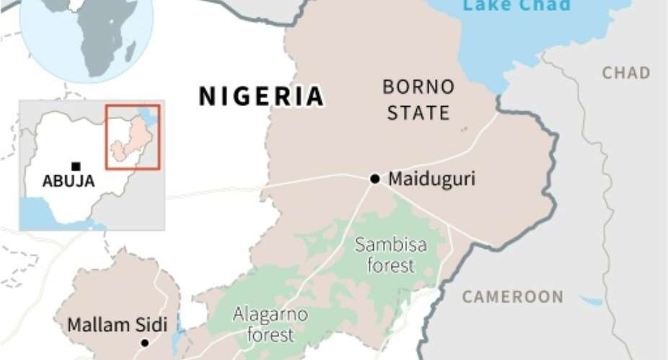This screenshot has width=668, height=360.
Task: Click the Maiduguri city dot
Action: (x=374, y=178)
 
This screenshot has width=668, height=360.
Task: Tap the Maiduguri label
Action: (x=431, y=179)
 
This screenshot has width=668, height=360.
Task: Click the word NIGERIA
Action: (x=261, y=97)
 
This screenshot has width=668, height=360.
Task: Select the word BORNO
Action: (x=418, y=87)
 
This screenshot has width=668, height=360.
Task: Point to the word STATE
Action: (x=418, y=113)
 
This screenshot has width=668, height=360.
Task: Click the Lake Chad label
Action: (x=517, y=6)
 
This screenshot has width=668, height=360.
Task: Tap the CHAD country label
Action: (x=626, y=73)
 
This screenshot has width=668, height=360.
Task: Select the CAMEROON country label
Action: (x=513, y=297)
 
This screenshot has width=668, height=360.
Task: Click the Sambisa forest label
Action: (x=391, y=255)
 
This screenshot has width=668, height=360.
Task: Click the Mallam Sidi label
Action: (x=117, y=325)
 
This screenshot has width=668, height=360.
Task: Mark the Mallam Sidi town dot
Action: (x=144, y=343)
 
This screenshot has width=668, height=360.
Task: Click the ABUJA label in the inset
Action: (x=69, y=182)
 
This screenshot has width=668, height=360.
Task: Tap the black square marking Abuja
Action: (x=76, y=167)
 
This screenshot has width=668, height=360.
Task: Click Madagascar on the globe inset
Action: (x=130, y=51)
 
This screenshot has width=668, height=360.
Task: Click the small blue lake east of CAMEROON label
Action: (x=591, y=300)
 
